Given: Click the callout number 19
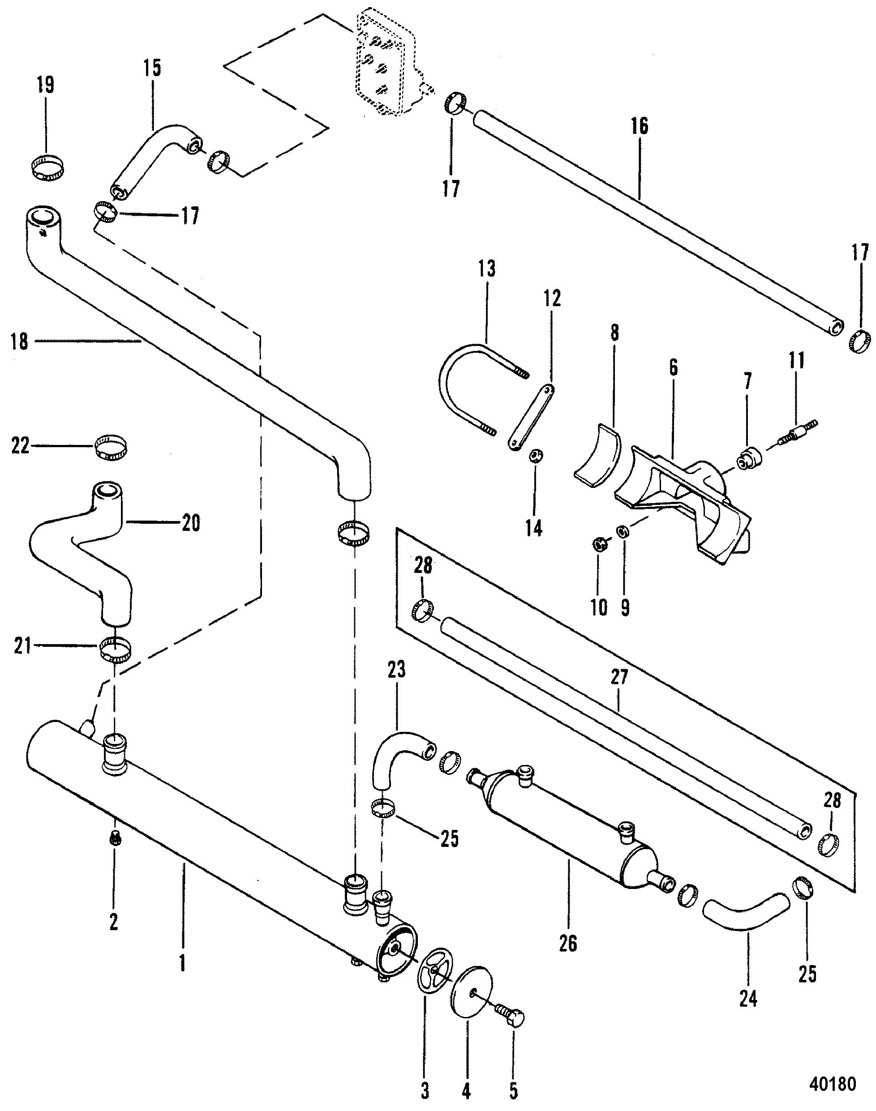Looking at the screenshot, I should click(46, 85).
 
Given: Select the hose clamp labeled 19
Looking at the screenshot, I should click(47, 168).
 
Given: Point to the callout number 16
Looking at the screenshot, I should click(640, 126).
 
